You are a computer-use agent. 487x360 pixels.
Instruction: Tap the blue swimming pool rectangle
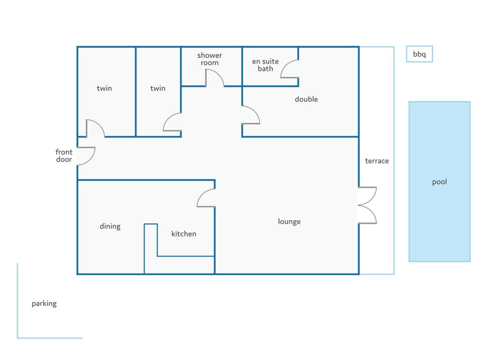(x=439, y=182)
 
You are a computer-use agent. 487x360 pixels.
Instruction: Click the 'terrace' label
(x=377, y=161)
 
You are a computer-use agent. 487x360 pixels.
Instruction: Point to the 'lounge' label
(x=289, y=222)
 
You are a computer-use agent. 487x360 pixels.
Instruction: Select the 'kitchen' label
(x=184, y=234)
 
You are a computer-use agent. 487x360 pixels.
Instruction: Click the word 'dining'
(x=110, y=226)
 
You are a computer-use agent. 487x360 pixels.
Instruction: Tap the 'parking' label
(x=44, y=304)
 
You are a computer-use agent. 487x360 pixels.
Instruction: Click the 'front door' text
(x=64, y=156)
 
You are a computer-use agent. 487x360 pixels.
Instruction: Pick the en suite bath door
(x=284, y=66)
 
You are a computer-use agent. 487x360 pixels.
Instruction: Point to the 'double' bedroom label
(x=306, y=99)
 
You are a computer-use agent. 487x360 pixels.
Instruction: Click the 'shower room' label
(x=210, y=59)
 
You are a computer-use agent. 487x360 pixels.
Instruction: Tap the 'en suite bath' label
(x=265, y=65)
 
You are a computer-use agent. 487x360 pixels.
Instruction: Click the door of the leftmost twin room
(x=99, y=124)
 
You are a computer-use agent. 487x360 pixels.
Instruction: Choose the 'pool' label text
(x=439, y=182)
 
